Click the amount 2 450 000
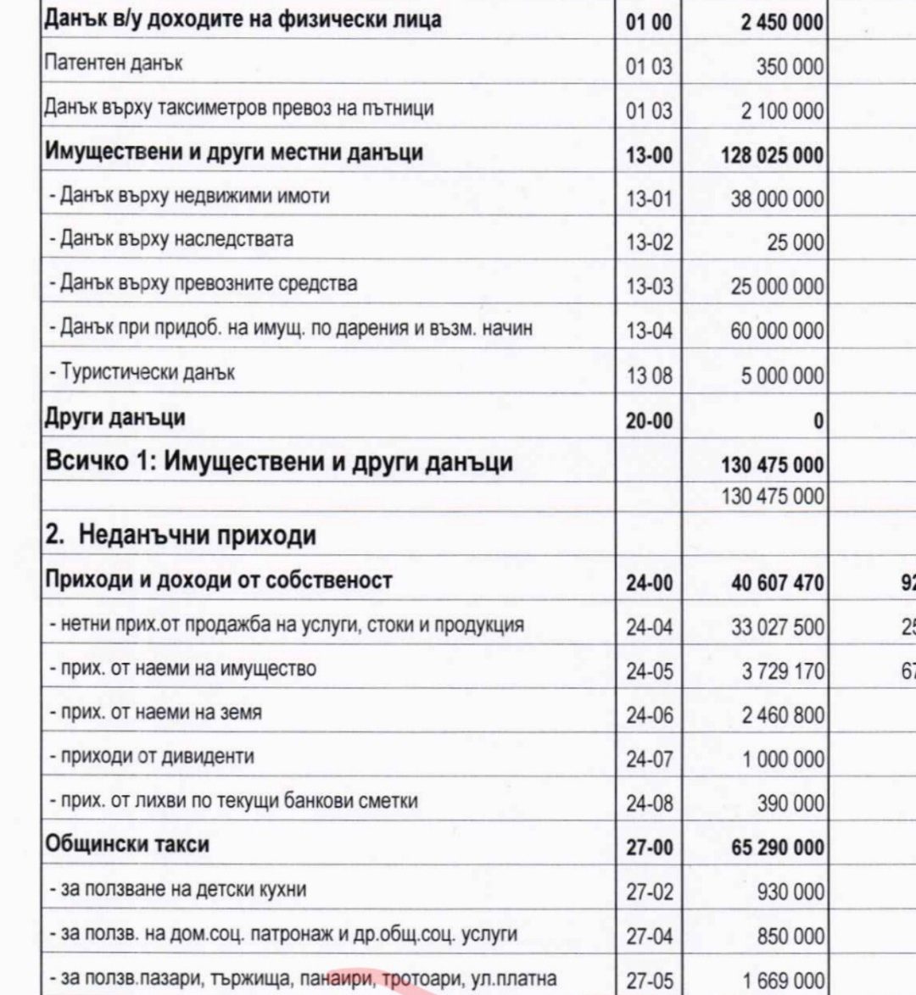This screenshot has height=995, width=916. (x=781, y=22)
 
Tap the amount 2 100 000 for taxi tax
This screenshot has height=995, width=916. (x=781, y=111)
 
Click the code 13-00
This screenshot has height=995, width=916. (x=648, y=155)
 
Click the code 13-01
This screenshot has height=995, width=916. (x=648, y=199)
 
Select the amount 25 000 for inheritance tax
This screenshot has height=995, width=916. (x=795, y=243)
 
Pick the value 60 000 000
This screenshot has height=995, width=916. (x=777, y=331)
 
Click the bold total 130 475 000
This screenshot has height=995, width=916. (x=772, y=465)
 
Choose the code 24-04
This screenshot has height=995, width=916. (x=649, y=628)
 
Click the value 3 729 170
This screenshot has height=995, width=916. (x=783, y=672)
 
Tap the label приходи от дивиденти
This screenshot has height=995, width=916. (x=157, y=756)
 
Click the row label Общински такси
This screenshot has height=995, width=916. (x=126, y=845)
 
